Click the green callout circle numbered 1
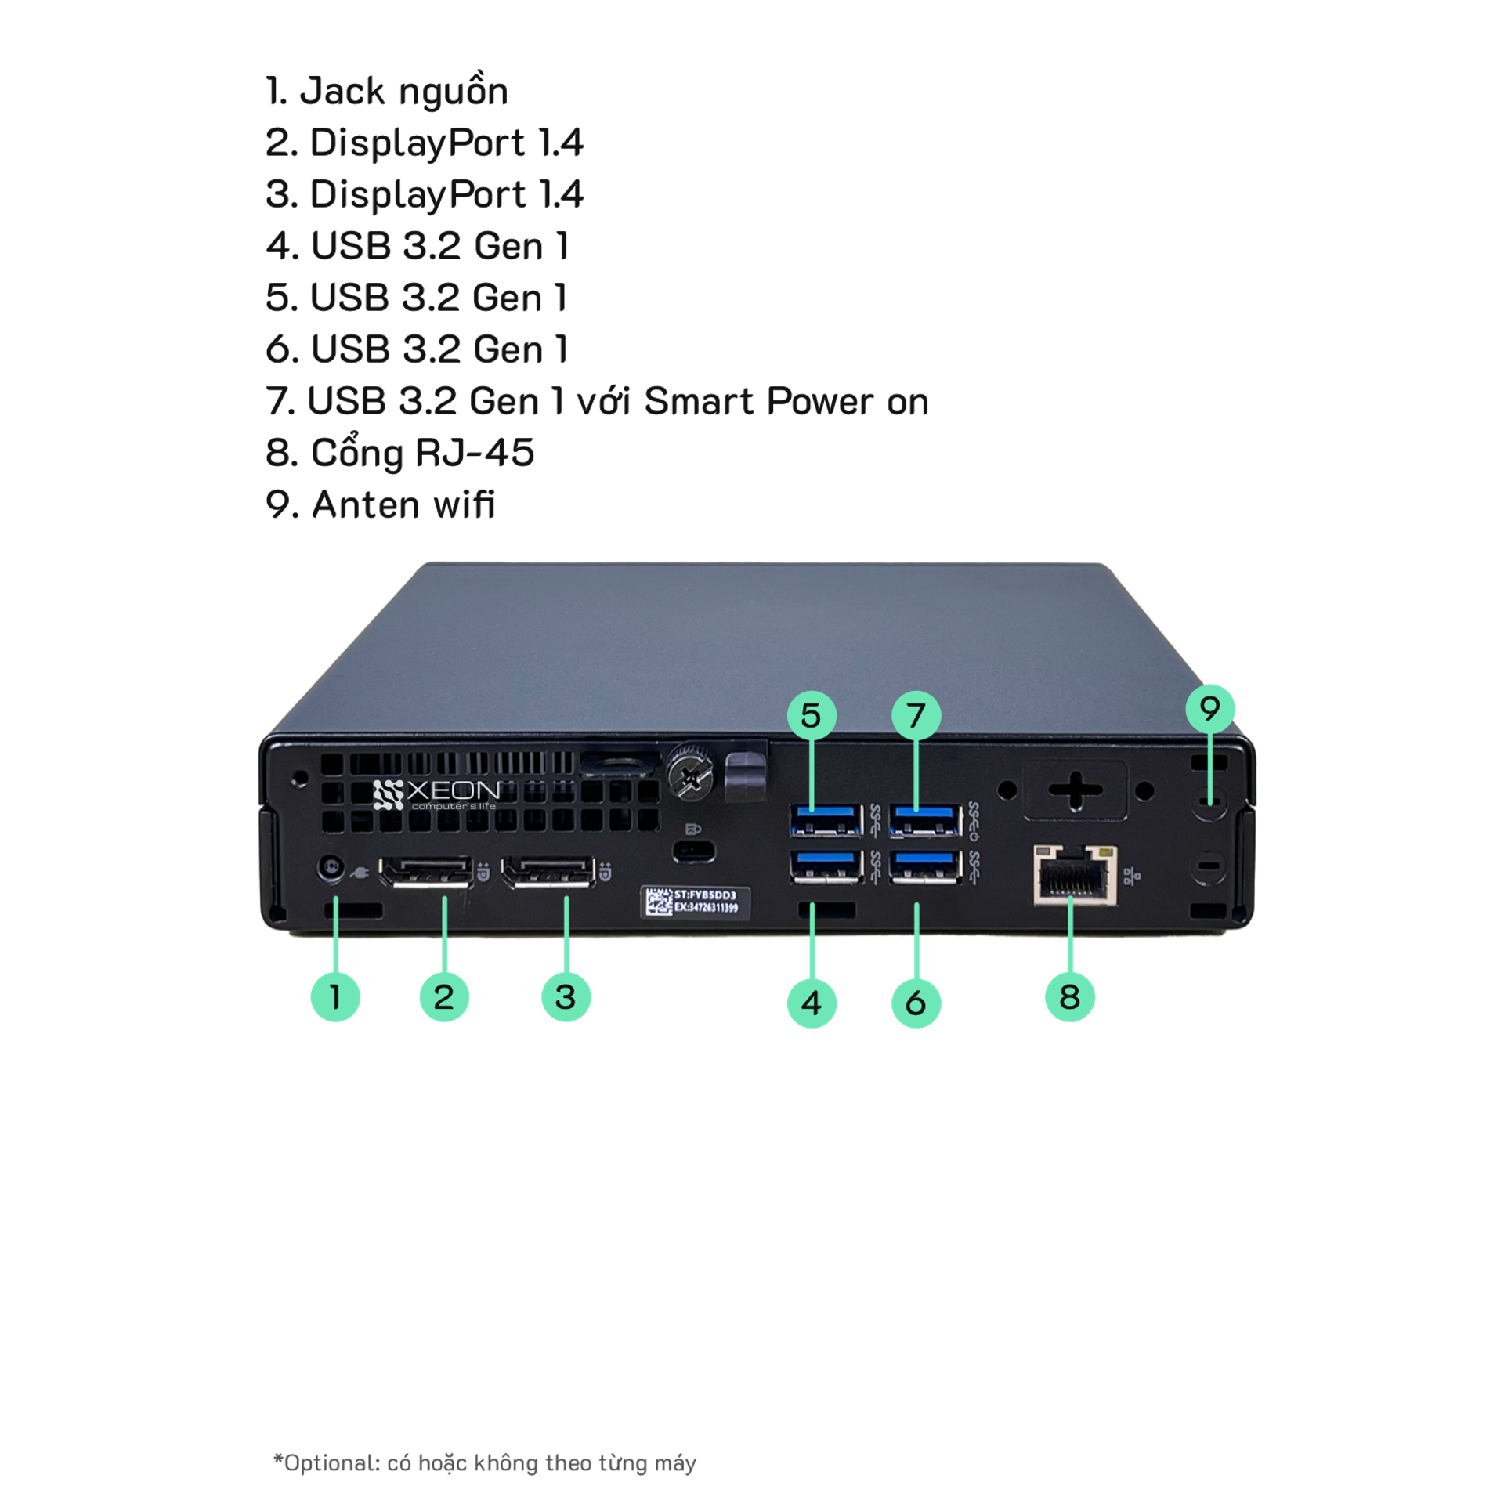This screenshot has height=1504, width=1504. tap(335, 996)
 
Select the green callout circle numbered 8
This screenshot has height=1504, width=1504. tap(1069, 996)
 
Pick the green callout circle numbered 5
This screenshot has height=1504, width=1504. tap(812, 715)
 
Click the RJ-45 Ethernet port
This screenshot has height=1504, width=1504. tap(1075, 875)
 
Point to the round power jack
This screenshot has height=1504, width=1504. tap(331, 869)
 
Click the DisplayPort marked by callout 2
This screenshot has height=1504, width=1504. tap(426, 872)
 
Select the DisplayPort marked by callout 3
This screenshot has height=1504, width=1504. tap(548, 872)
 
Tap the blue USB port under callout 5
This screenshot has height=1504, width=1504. tap(826, 820)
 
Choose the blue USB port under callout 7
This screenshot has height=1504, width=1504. tap(925, 820)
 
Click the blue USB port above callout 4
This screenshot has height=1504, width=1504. tap(826, 867)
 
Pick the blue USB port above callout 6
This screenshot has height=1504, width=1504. tap(925, 867)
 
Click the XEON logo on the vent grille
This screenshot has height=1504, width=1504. tap(436, 794)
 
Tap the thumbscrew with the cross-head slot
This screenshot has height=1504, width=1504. tap(689, 777)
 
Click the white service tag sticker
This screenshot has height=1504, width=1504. tap(696, 902)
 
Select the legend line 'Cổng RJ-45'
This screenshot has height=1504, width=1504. tap(399, 453)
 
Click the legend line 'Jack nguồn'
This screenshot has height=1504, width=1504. tap(387, 92)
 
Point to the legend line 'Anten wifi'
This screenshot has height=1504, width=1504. tap(381, 504)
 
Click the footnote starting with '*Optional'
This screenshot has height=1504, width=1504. tap(485, 1462)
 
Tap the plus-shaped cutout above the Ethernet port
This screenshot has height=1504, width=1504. tap(1076, 790)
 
